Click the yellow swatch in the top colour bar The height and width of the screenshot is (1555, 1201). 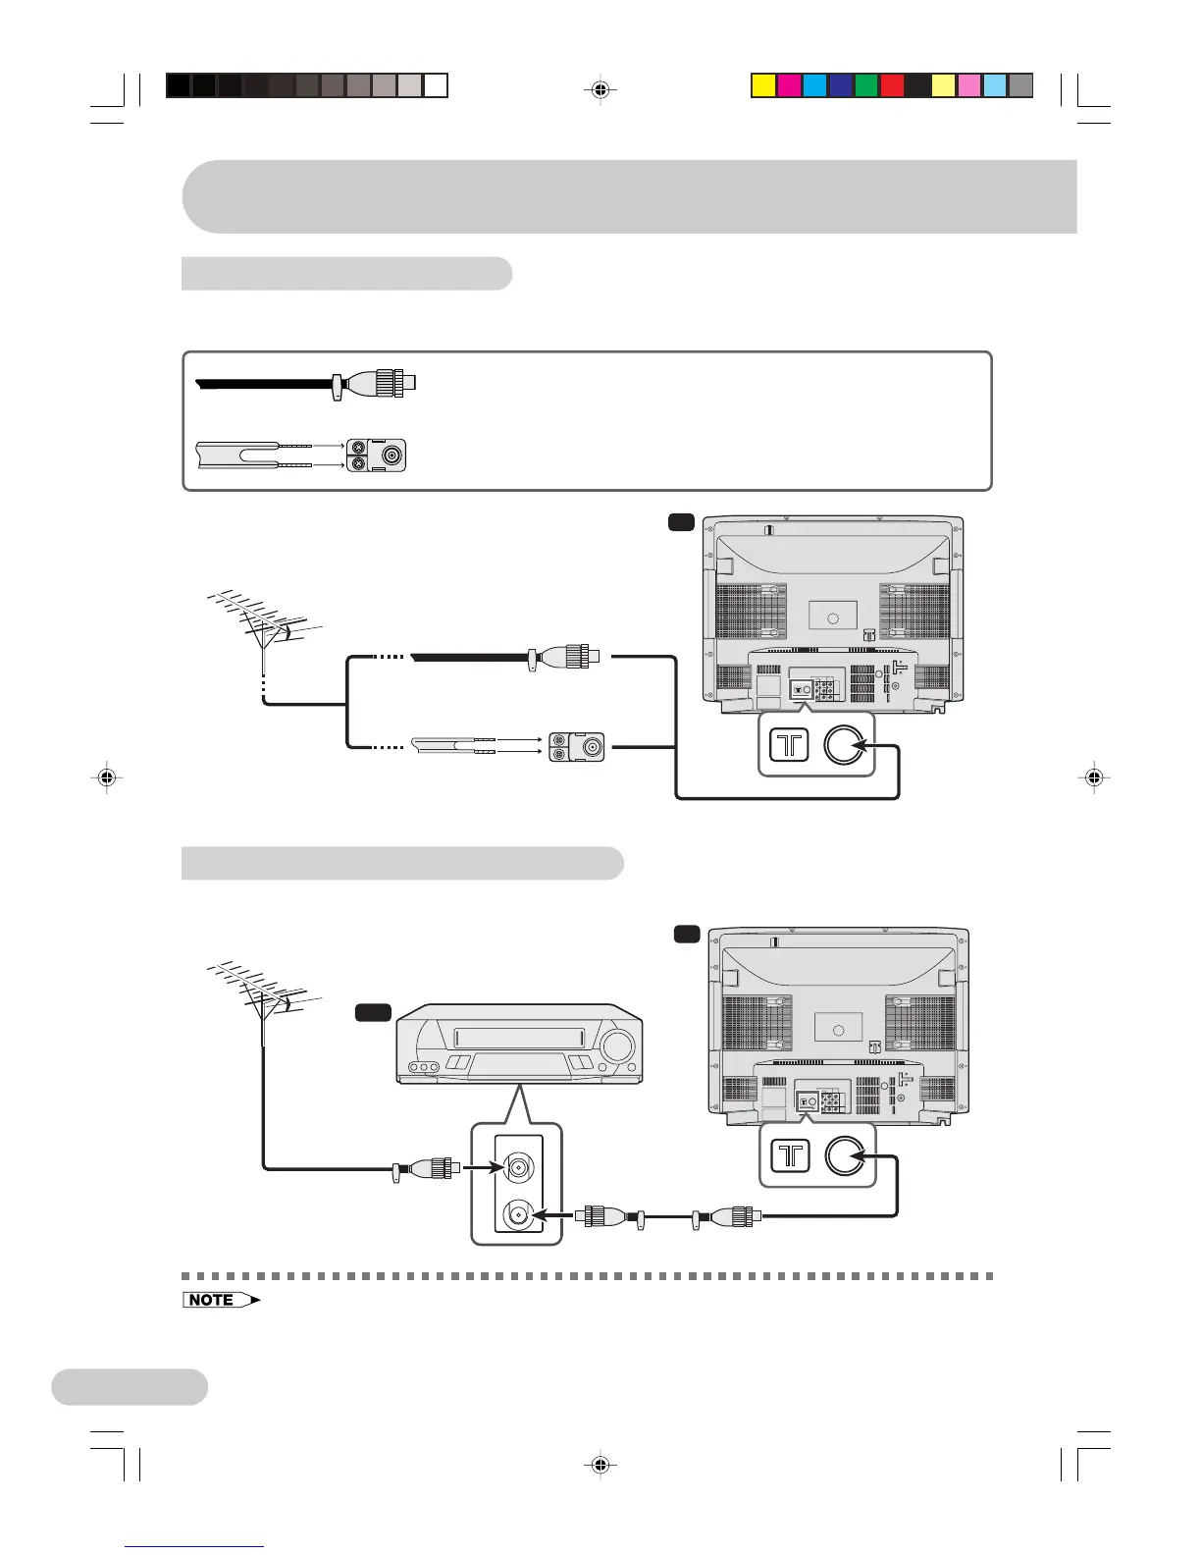click(x=763, y=86)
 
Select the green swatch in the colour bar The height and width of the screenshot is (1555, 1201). click(x=866, y=86)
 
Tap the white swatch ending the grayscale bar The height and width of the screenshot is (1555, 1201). click(x=437, y=86)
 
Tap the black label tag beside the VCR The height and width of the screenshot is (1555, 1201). click(x=373, y=1012)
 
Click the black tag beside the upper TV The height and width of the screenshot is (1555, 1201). click(x=682, y=523)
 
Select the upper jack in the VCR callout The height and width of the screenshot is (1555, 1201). click(x=517, y=1167)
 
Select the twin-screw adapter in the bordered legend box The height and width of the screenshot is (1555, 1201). click(x=376, y=455)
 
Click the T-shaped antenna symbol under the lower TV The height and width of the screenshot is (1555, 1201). click(x=790, y=1156)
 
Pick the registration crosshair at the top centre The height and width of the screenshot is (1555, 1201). click(x=600, y=90)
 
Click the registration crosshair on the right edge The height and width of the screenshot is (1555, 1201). click(x=1093, y=777)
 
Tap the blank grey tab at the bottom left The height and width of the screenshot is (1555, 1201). click(x=130, y=1387)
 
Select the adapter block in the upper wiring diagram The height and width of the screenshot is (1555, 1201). click(x=577, y=746)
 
